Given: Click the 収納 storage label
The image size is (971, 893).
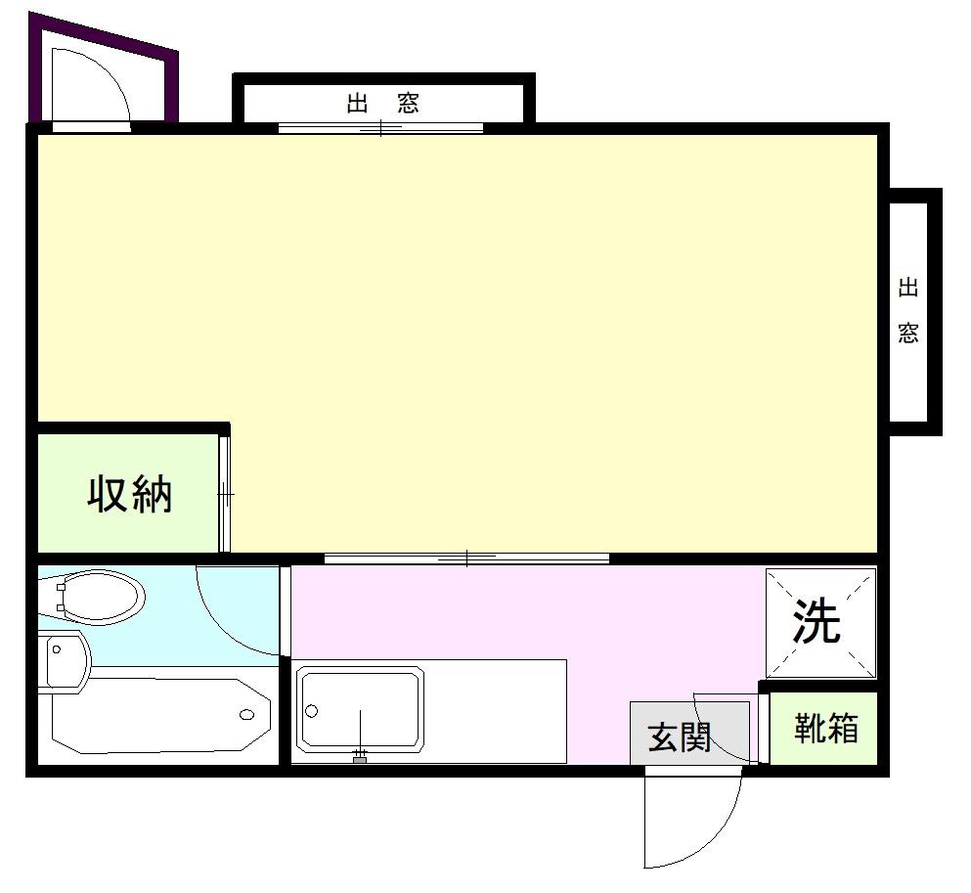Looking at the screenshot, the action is click(129, 494).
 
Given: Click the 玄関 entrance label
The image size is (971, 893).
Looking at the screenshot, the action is click(679, 737).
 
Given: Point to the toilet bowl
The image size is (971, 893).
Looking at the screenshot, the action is click(99, 597).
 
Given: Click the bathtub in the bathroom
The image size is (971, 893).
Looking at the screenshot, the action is click(161, 716).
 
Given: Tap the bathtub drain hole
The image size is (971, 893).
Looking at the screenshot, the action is click(247, 715).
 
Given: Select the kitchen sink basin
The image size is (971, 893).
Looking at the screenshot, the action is click(360, 709).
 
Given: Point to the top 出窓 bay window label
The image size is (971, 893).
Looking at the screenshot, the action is click(382, 103).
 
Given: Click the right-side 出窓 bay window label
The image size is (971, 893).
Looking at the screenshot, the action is click(907, 311).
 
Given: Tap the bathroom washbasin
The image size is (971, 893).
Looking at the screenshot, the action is click(64, 662).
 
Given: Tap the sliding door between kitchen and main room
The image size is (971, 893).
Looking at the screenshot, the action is click(467, 558).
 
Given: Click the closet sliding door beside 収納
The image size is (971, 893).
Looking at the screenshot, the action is click(225, 494).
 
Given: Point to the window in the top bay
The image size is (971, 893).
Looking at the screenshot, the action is click(380, 128).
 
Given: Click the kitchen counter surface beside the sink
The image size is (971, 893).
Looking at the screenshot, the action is click(496, 711).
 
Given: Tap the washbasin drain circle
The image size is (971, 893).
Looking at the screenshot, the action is click(57, 649).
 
